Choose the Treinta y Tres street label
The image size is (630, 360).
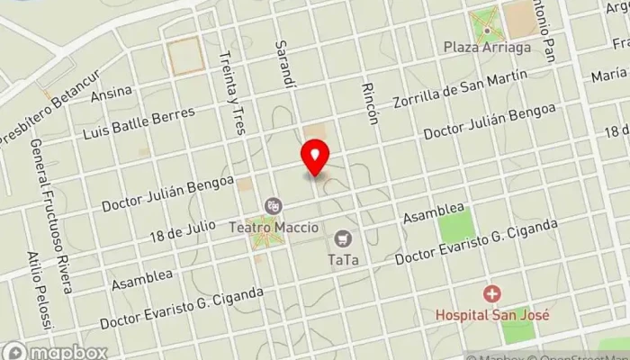pyautogui.click(x=232, y=92)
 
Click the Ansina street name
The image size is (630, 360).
pyautogui.click(x=118, y=92)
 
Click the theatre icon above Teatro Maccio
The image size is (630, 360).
pyautogui.click(x=272, y=206)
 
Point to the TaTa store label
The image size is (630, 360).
pyautogui.click(x=343, y=261)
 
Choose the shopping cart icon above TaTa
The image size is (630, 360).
pyautogui.click(x=342, y=239)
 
